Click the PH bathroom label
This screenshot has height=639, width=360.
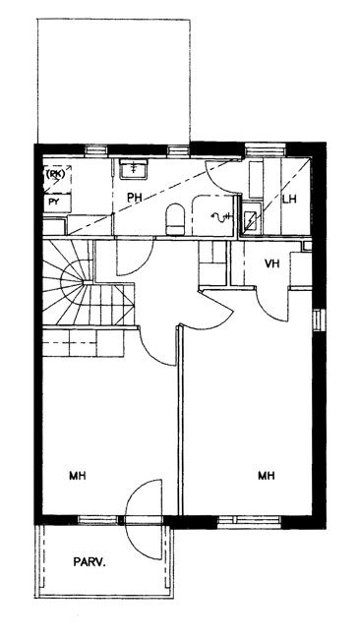(x=135, y=198)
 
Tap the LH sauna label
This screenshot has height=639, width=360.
(x=289, y=200)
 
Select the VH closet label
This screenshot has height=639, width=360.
(x=271, y=263)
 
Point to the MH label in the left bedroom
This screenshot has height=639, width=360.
(x=78, y=475)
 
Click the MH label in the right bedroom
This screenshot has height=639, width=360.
(x=266, y=475)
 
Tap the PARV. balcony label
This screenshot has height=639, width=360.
(x=90, y=562)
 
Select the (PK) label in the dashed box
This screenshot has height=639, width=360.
(x=55, y=174)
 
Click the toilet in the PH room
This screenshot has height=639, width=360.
(x=176, y=219)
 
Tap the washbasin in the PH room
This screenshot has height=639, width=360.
(x=134, y=169)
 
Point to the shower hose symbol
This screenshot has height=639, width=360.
(x=221, y=217)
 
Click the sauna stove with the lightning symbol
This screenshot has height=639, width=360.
(x=251, y=221)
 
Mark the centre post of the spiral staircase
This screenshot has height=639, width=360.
(x=88, y=282)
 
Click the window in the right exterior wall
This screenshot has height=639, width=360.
(x=320, y=319)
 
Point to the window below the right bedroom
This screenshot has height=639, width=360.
(x=250, y=521)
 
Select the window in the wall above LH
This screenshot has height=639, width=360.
(x=266, y=150)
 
